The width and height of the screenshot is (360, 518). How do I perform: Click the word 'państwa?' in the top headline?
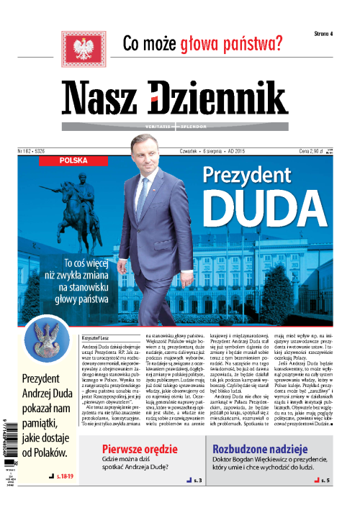(244, 45)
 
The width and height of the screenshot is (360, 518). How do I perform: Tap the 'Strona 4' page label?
(328, 35)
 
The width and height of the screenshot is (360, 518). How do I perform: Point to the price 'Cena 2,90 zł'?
(312, 152)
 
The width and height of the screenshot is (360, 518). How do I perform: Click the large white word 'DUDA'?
(258, 206)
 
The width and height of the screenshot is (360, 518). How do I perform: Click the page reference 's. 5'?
(325, 478)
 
